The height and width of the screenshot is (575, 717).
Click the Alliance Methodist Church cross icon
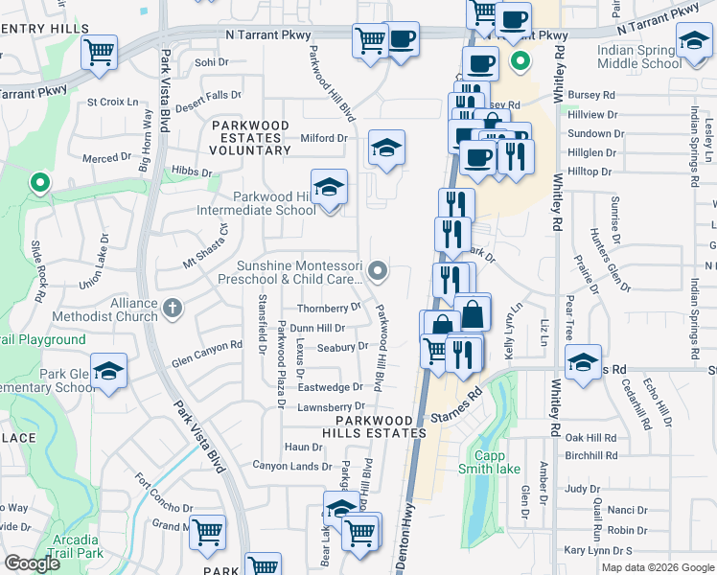(x=172, y=308)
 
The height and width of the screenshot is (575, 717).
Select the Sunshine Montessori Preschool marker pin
(x=379, y=271)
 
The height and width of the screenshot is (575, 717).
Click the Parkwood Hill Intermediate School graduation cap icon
(x=329, y=187)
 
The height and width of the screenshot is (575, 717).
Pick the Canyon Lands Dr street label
(x=291, y=466)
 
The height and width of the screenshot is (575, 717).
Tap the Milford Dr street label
(x=323, y=138)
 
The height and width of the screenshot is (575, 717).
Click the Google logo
(x=33, y=563)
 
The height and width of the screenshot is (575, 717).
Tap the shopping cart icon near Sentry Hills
(x=99, y=53)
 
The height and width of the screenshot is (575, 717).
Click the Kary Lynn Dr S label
(x=598, y=550)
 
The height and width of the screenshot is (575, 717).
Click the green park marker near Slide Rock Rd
(x=39, y=181)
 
